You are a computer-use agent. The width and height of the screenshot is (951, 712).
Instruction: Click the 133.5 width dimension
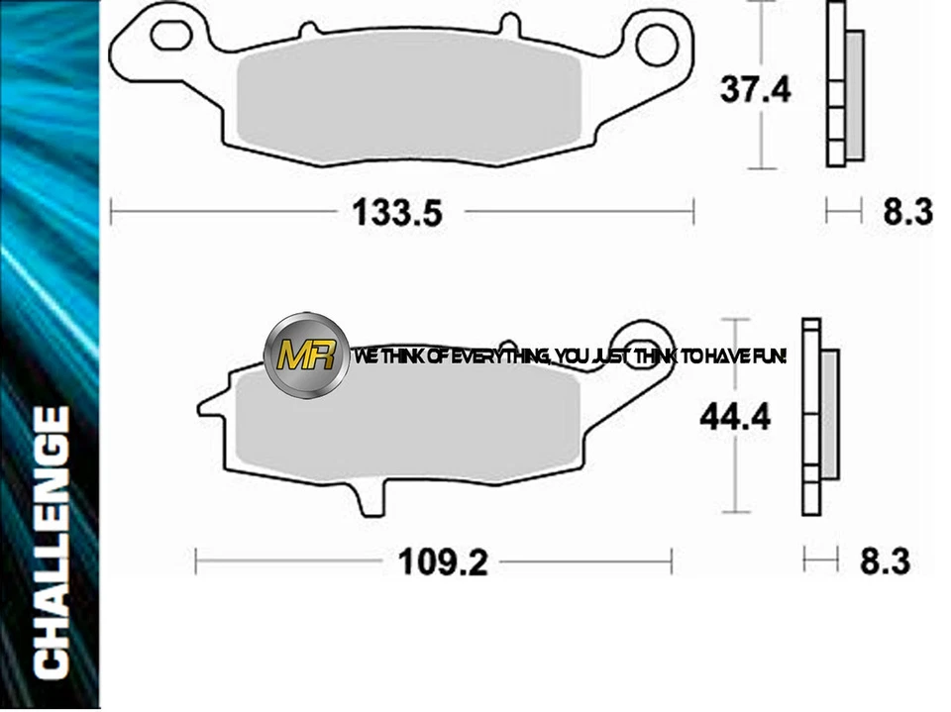pos(396,212)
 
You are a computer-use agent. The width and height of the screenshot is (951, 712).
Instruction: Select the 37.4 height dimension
pos(756,90)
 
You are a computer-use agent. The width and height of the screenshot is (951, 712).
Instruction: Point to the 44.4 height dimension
pos(735,416)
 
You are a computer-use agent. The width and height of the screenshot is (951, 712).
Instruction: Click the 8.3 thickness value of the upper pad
pos(907,211)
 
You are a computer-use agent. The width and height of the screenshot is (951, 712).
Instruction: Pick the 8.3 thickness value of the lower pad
pos(884,561)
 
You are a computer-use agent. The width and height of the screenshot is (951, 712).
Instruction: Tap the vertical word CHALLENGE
pos(51,542)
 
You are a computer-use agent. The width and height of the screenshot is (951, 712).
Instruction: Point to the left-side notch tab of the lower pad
pos(210,405)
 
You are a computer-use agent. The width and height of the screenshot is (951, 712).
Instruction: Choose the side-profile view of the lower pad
pos(818,416)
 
